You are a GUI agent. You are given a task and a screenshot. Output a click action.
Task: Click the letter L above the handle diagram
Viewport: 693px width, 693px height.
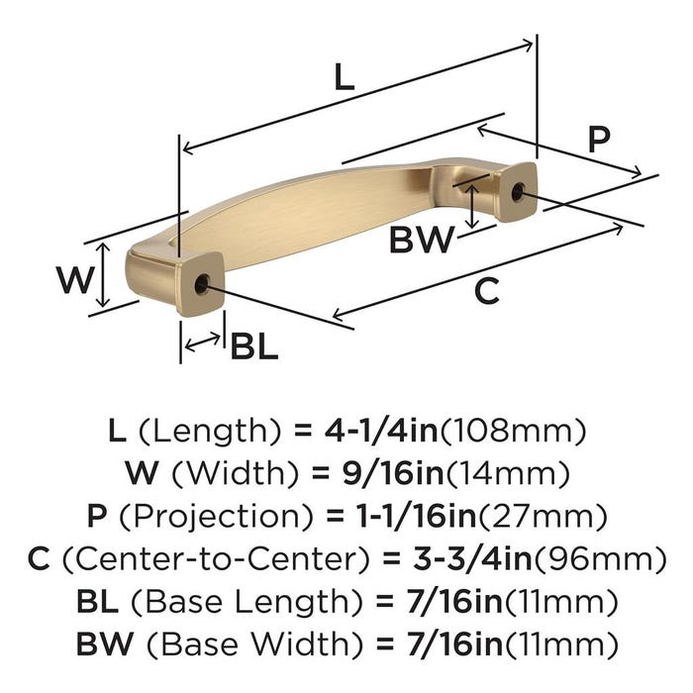point(345,76)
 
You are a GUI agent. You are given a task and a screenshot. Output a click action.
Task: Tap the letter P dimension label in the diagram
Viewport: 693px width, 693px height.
point(599,140)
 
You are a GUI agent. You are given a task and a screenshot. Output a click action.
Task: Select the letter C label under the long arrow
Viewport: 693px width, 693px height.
point(487,291)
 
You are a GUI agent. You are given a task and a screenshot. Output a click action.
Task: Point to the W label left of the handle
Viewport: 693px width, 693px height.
point(75,280)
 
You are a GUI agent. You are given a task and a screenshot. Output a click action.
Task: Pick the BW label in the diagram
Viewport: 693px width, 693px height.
point(421,240)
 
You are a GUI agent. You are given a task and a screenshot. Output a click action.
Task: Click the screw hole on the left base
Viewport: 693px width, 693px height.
point(202,283)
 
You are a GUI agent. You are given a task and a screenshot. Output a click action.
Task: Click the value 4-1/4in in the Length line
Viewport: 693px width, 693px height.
point(381,431)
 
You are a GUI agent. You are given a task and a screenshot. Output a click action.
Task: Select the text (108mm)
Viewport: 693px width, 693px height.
point(513,432)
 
